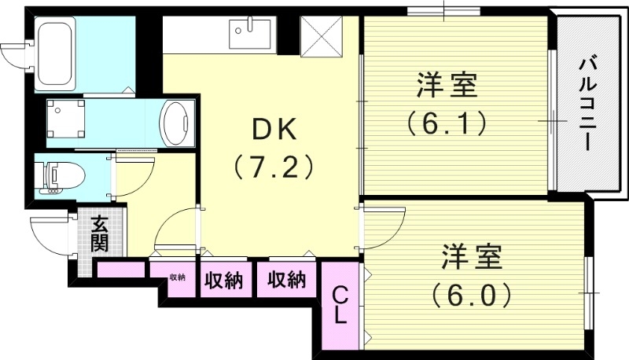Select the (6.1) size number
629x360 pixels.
[x=445, y=123]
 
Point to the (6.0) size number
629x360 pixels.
[x=471, y=295]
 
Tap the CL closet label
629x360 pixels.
[x=340, y=305]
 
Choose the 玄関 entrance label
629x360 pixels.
[x=100, y=233]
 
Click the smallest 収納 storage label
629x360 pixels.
[x=177, y=277]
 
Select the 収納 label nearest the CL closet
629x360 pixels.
[x=285, y=279]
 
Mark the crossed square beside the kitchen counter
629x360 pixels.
[x=322, y=36]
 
